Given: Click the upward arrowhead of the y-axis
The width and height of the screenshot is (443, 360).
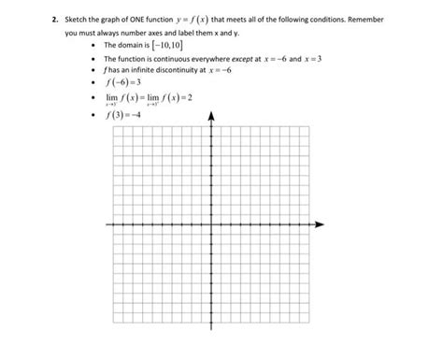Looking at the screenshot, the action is pyautogui.click(x=212, y=117).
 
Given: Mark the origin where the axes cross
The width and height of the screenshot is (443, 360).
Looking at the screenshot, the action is pyautogui.click(x=212, y=224).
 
